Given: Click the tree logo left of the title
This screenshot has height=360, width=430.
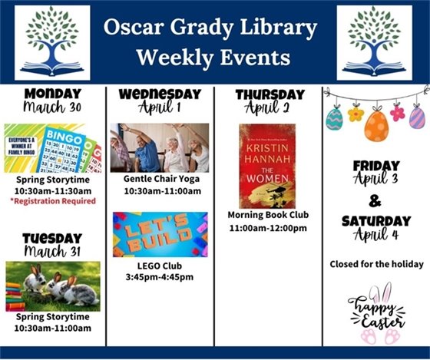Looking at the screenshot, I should tap(51, 43).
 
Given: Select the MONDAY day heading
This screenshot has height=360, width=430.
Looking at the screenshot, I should tap(52, 94).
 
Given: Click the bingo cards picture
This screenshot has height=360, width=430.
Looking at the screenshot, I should tap(53, 148).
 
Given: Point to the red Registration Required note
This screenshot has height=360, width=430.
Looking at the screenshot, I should tap(53, 201).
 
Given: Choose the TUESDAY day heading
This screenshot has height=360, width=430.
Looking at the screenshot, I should tap(52, 237).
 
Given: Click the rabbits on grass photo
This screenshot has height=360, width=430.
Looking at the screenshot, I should tap(52, 284).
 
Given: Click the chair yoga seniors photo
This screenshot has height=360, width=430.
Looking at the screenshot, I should tap(159, 147).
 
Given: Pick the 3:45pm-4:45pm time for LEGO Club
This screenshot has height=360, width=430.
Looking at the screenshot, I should tap(160, 277).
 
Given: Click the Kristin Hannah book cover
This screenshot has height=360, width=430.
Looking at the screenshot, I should tap(266, 166).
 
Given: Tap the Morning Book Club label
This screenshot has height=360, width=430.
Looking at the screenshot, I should tap(268, 215).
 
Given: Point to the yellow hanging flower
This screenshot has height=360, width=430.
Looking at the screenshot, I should tap(356, 114).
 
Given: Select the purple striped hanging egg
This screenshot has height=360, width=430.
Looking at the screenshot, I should tap(416, 117).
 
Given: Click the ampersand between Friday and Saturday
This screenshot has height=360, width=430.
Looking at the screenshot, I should tap(376, 201).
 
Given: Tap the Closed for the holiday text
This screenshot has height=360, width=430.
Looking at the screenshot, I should tap(376, 264).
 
